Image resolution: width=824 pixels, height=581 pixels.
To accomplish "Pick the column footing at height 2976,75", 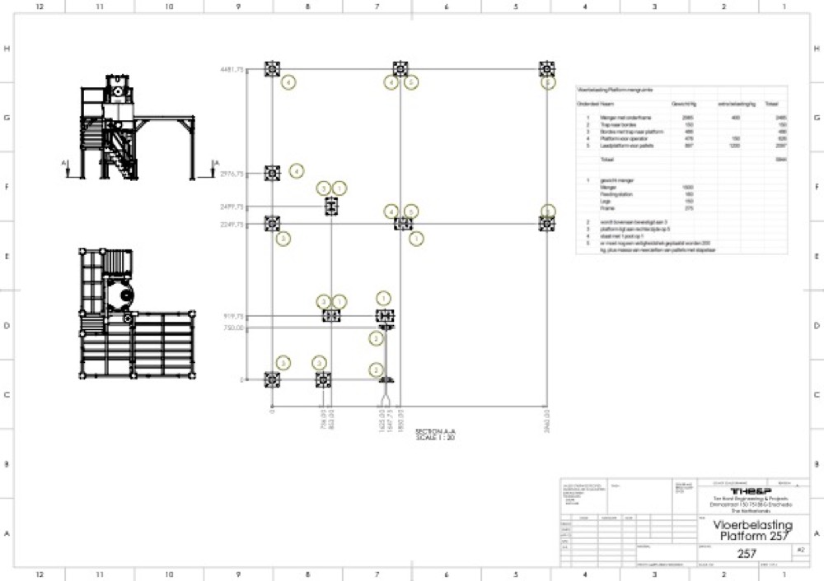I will (x=272, y=173).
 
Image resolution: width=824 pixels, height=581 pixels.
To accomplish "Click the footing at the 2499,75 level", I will (x=331, y=206).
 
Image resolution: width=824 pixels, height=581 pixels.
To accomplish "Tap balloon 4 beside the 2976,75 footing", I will (x=296, y=171).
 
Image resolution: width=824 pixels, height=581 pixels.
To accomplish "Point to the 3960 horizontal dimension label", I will (x=545, y=417).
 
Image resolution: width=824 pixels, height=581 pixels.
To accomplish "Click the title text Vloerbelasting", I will (x=752, y=525).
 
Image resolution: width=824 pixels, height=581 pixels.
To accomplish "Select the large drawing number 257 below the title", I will (x=747, y=554).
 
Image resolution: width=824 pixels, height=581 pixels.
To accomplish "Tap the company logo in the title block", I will (x=751, y=491).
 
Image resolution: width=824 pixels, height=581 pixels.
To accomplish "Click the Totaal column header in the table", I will (x=771, y=105).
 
